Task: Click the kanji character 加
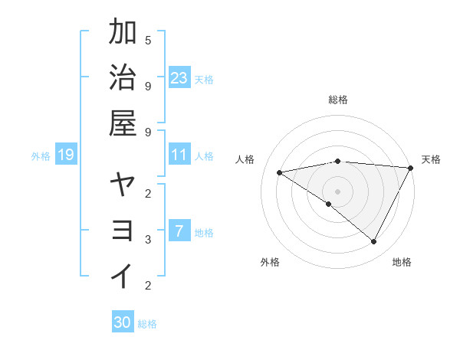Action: pyautogui.click(x=123, y=34)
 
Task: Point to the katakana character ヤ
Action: pyautogui.click(x=123, y=186)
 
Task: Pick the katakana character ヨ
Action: pyautogui.click(x=123, y=231)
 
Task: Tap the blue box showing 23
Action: pyautogui.click(x=179, y=77)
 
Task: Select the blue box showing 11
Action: pyautogui.click(x=179, y=155)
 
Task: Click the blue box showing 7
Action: pyautogui.click(x=179, y=231)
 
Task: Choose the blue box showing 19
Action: pyautogui.click(x=65, y=155)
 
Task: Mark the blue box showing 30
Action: pyautogui.click(x=123, y=322)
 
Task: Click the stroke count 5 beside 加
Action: pyautogui.click(x=148, y=40)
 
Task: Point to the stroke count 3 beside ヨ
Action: pyautogui.click(x=148, y=240)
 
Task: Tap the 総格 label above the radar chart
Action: pyautogui.click(x=338, y=100)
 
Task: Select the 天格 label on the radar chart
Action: pyautogui.click(x=431, y=159)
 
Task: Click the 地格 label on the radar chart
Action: pyautogui.click(x=402, y=262)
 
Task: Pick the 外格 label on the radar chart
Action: pyautogui.click(x=270, y=262)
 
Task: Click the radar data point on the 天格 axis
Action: pyautogui.click(x=411, y=168)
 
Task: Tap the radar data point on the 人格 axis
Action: pyautogui.click(x=280, y=172)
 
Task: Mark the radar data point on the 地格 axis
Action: pyautogui.click(x=374, y=242)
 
